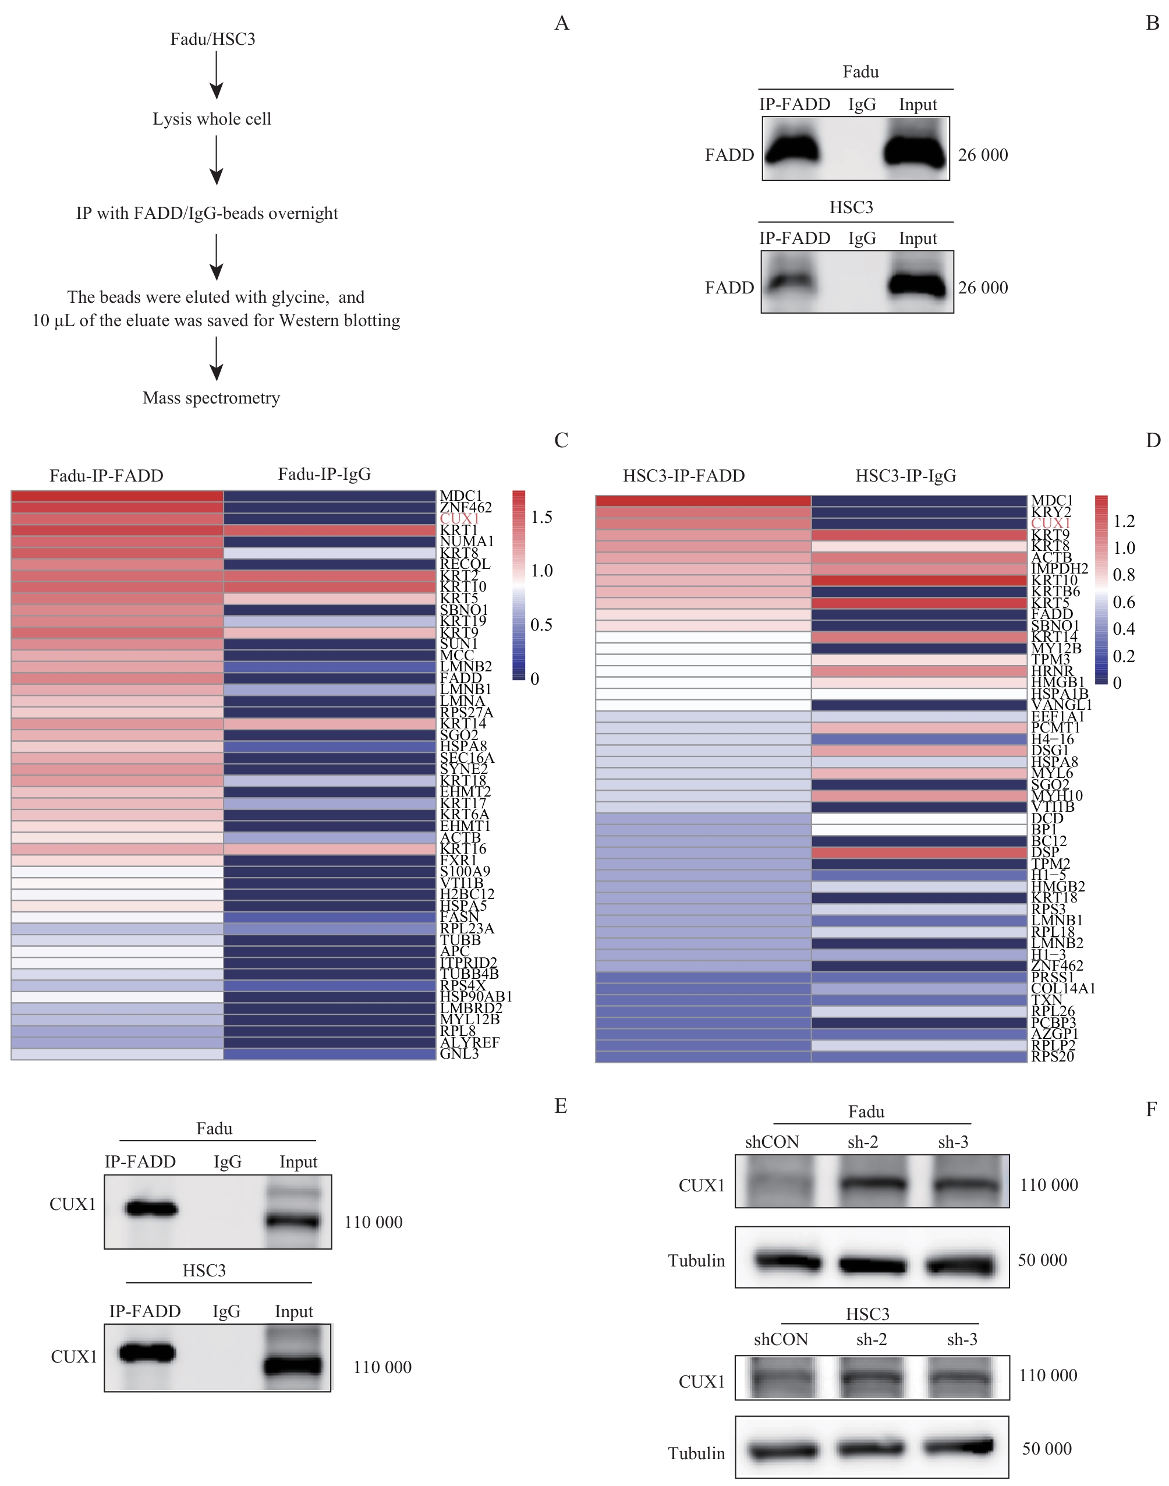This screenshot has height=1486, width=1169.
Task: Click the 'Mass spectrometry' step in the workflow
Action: click(x=211, y=398)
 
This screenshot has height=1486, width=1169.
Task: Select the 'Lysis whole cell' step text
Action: click(x=211, y=119)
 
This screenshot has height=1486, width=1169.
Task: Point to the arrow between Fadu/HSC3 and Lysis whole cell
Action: click(x=217, y=75)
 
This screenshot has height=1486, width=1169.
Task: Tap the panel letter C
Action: click(x=561, y=440)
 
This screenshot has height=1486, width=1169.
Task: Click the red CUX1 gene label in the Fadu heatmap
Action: click(x=459, y=519)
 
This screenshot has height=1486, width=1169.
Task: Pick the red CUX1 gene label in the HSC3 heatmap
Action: click(x=1051, y=523)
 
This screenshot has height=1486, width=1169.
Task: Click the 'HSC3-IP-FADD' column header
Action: click(x=683, y=476)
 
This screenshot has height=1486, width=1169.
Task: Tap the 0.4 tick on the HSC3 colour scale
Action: click(x=1124, y=629)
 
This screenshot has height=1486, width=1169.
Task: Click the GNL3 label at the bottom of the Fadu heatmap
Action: click(x=459, y=1053)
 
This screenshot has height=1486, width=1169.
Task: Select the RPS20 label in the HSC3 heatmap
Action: click(x=1053, y=1056)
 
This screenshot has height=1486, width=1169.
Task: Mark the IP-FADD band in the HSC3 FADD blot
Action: click(x=791, y=281)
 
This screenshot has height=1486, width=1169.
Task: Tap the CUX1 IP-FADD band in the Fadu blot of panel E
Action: click(x=151, y=1209)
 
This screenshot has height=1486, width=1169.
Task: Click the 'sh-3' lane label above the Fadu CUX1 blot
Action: click(x=952, y=1142)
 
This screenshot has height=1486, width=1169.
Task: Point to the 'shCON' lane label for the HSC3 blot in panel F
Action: click(x=781, y=1339)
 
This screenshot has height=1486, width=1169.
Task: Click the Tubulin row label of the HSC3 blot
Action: click(x=696, y=1453)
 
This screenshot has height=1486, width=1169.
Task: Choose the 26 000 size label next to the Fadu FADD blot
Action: click(x=983, y=155)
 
